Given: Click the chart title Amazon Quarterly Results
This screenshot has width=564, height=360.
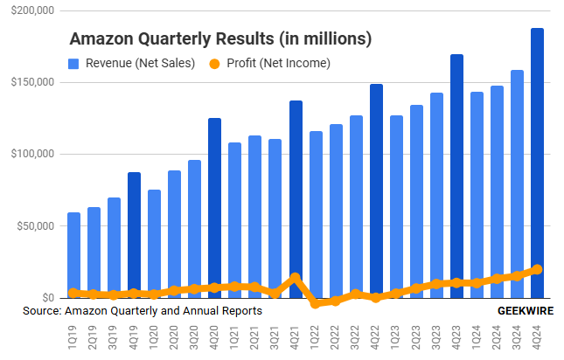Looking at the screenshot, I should [x=220, y=39].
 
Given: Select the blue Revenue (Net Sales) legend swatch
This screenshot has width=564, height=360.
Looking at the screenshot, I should [x=73, y=63].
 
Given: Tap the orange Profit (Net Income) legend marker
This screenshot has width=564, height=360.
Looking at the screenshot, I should [x=214, y=63].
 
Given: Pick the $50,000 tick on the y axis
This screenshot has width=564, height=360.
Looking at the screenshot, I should [x=33, y=226].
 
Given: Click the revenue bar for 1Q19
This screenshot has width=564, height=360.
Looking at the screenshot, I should [x=73, y=254].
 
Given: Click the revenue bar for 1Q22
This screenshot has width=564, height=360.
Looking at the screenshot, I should [x=316, y=214].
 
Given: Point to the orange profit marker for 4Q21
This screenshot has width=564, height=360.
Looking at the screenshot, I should [x=296, y=278].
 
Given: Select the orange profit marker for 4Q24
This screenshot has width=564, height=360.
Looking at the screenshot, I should [x=537, y=269].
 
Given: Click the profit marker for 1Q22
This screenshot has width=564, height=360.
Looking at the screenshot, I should [x=316, y=303].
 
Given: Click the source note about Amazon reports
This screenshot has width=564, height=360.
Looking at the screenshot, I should [x=143, y=311].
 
